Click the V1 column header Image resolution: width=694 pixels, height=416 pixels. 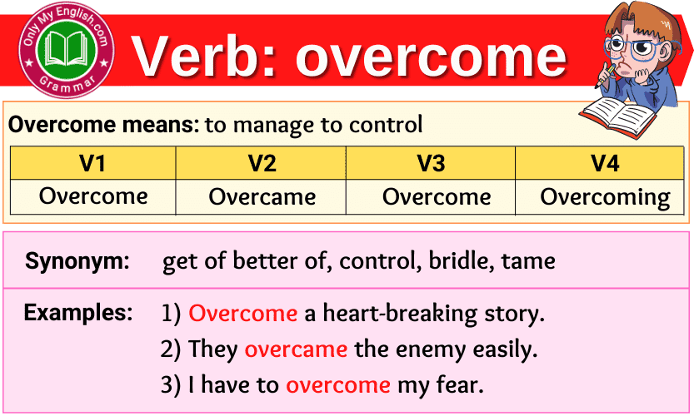(92, 163)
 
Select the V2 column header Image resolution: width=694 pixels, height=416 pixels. (262, 163)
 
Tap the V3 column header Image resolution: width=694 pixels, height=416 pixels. (431, 163)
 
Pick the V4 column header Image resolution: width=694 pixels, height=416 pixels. (605, 163)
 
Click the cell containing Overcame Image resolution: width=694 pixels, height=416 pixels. (262, 197)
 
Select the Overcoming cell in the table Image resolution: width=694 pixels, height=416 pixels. (605, 197)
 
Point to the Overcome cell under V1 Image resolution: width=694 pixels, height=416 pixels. (92, 196)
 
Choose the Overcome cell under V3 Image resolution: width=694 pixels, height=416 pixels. (437, 197)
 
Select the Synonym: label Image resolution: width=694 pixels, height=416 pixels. (77, 261)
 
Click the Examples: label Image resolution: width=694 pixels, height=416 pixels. (77, 313)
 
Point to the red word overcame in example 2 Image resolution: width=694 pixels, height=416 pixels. (296, 349)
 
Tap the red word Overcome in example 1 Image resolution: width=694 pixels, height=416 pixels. (242, 314)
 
